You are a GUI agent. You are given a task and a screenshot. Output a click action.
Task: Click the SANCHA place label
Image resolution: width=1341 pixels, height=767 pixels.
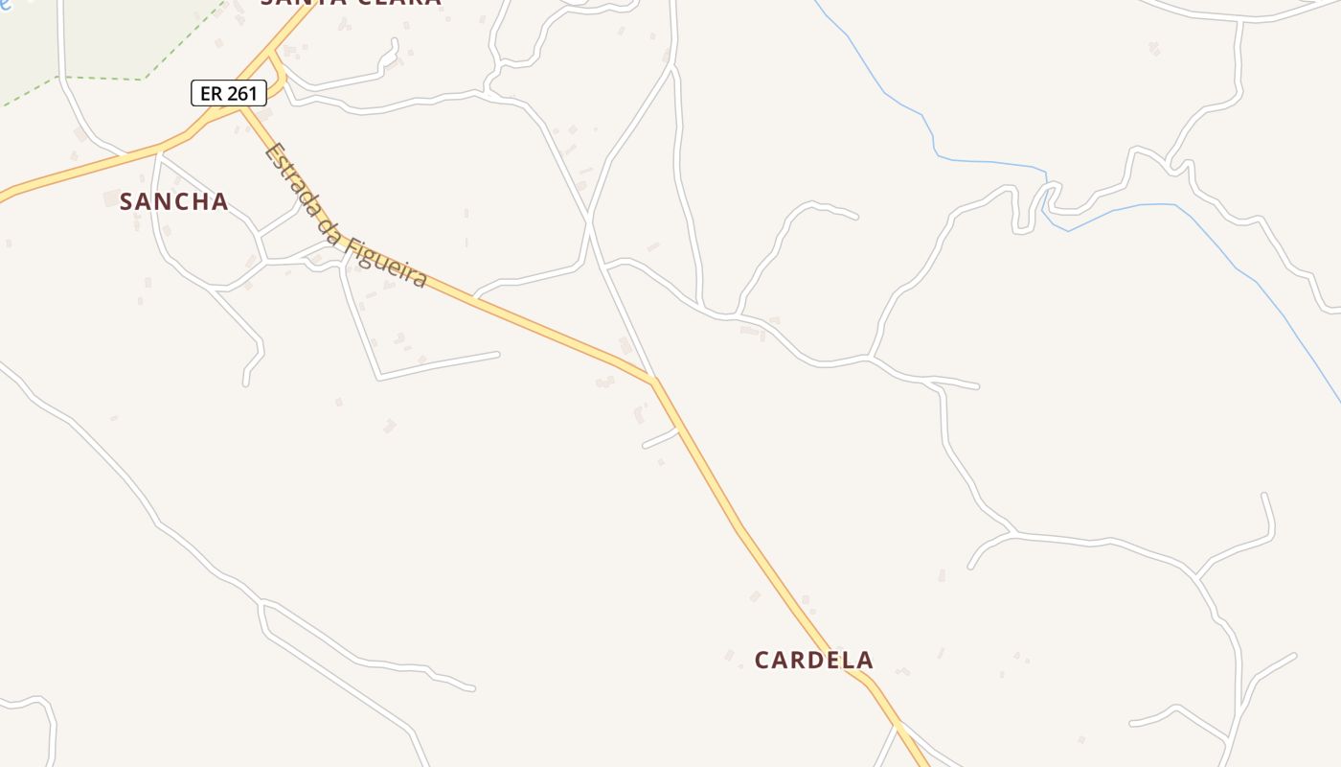coord(173,201)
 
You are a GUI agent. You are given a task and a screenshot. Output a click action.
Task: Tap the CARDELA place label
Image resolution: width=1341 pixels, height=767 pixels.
coord(813,660)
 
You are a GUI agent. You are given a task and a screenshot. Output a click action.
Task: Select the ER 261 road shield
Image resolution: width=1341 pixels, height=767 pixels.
coord(229,93)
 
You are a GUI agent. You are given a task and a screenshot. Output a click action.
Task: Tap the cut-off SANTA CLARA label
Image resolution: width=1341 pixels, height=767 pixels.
coord(351,3)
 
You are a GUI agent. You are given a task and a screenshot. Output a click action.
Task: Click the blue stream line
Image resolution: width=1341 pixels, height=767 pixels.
coord(987,160)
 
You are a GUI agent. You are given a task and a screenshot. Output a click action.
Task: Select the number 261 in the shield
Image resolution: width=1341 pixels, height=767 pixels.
coord(241,93)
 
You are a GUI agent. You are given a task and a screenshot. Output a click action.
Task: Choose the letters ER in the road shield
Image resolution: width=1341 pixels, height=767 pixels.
coord(211,93)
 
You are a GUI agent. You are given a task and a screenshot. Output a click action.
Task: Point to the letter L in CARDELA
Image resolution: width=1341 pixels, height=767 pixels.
coord(849,660)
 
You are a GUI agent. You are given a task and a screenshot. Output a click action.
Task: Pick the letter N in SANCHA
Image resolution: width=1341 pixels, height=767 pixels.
coord(162,201)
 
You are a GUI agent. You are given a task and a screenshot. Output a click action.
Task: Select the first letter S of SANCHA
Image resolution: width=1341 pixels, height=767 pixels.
coord(125,201)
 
